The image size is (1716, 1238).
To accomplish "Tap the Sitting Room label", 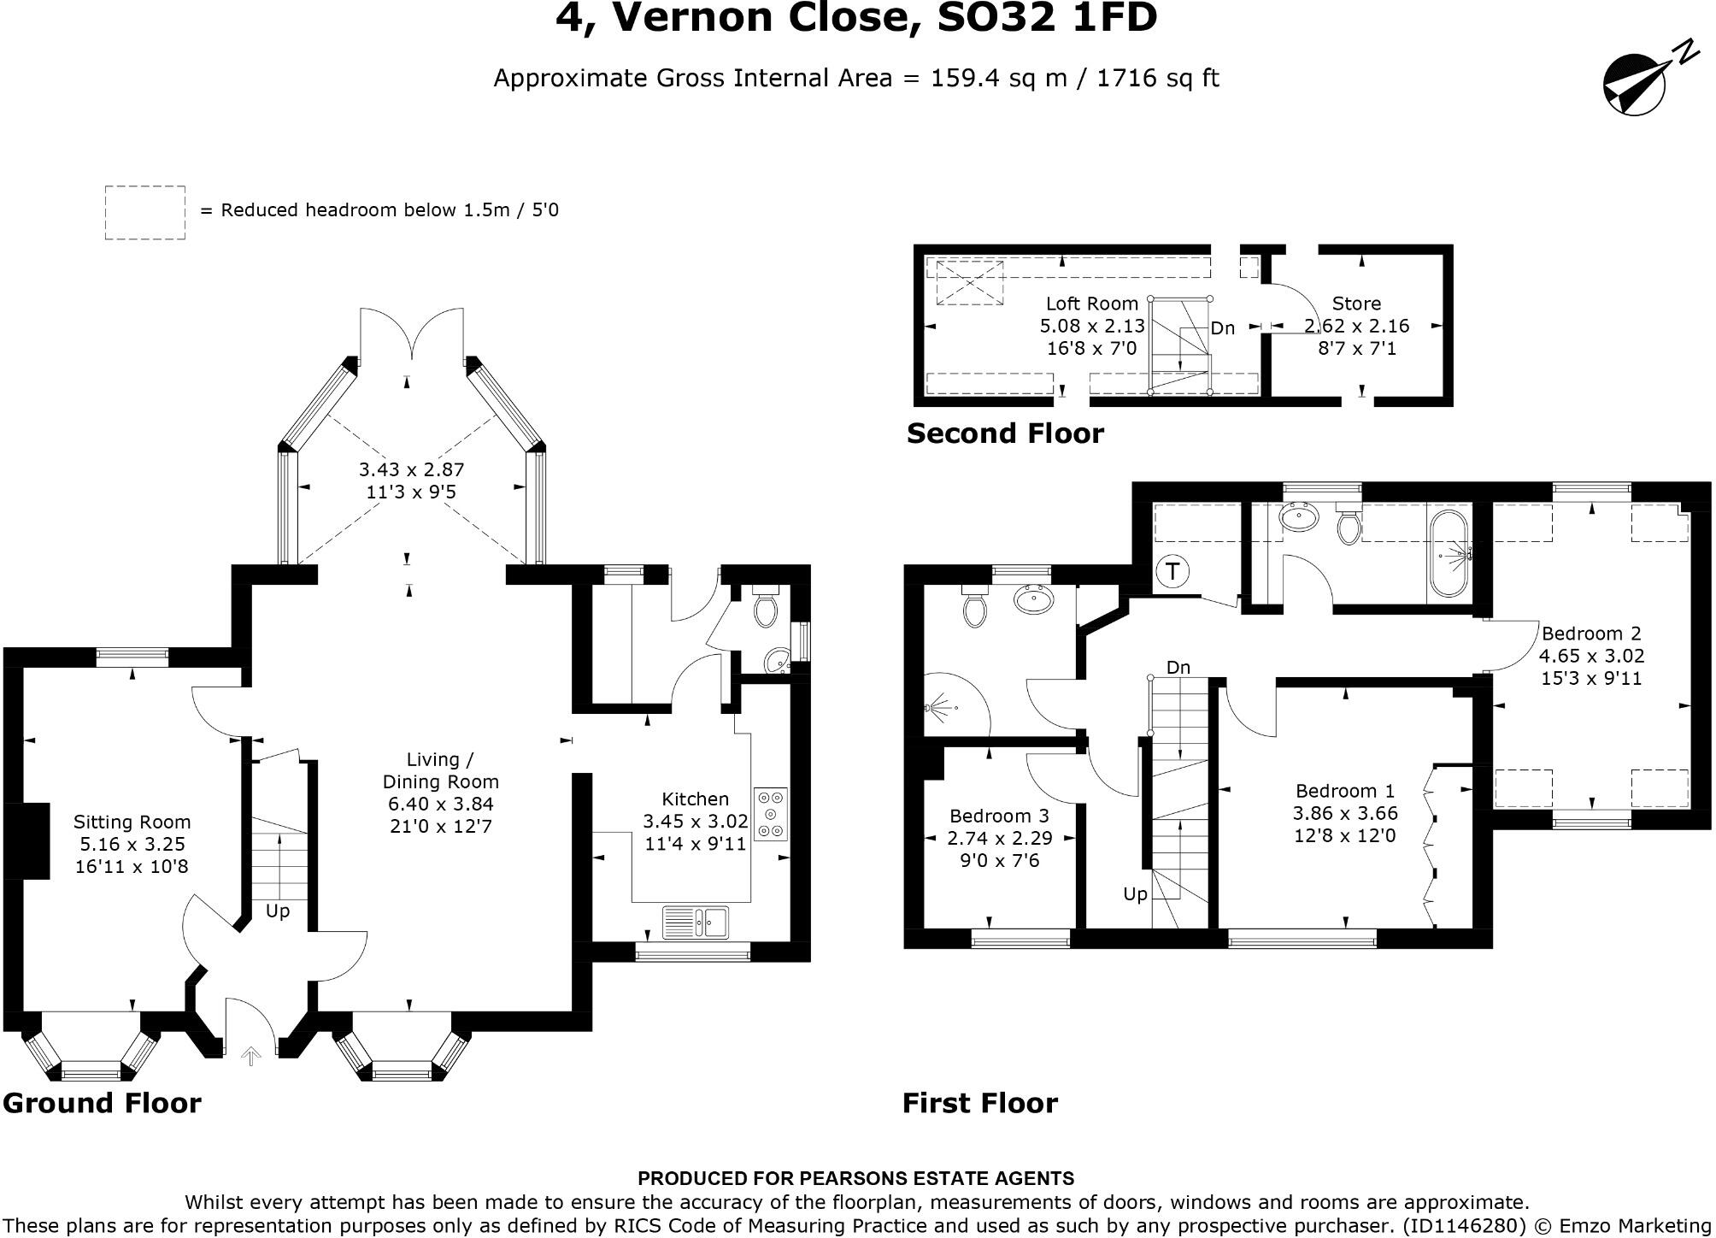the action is (x=132, y=822).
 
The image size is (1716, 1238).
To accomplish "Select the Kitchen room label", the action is (x=695, y=799).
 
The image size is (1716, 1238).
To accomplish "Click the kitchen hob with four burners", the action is (x=771, y=813).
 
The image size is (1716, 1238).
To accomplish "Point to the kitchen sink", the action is (x=696, y=922).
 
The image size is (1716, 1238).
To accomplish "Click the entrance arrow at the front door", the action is (x=250, y=1058).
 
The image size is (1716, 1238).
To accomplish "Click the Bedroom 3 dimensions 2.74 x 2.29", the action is (x=999, y=838).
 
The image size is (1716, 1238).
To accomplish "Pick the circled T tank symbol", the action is (x=1172, y=571).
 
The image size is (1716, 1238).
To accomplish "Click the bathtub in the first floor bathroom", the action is (x=1448, y=553).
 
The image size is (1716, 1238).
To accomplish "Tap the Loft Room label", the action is (x=1092, y=304).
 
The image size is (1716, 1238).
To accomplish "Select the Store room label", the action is (x=1356, y=304).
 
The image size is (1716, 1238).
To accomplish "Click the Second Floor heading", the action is (x=1005, y=433).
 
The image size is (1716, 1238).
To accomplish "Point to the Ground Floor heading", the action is (x=102, y=1103).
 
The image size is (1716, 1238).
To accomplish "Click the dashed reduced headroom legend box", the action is (x=145, y=213).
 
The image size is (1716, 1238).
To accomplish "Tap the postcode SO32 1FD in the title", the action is (x=1048, y=18).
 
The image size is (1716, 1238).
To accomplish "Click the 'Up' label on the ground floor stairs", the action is (x=278, y=911).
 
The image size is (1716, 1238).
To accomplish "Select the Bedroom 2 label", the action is (x=1591, y=634).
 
